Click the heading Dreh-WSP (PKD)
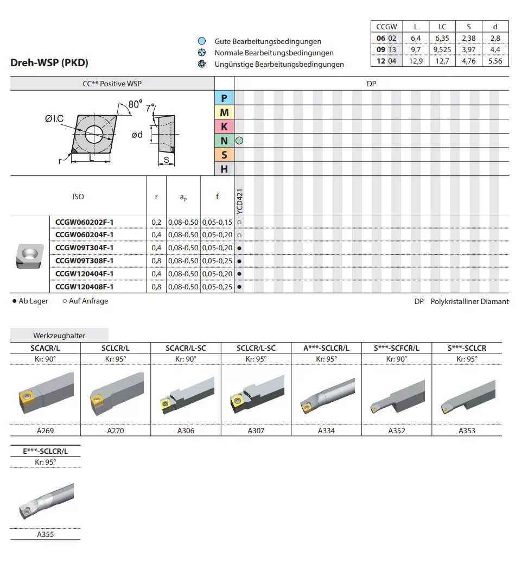point(49,62)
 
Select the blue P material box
point(224,98)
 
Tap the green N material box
point(224,141)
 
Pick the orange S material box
point(224,155)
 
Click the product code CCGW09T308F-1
point(85,261)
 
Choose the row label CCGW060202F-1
point(85,222)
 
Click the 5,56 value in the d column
point(494,61)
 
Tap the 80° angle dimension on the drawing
point(136,103)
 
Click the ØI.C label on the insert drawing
point(54,119)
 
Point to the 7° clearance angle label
point(150,107)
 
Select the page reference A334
point(326,431)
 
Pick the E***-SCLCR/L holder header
point(46,451)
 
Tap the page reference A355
point(46,534)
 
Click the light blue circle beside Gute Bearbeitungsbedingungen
point(202,41)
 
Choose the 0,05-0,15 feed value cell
point(217,222)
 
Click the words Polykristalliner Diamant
point(469,301)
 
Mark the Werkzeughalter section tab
point(59,336)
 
